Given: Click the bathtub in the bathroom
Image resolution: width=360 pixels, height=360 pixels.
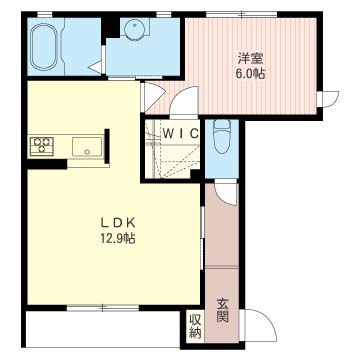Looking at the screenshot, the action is tap(44, 46).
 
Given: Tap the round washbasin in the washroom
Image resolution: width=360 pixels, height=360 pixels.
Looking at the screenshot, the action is tap(136, 28).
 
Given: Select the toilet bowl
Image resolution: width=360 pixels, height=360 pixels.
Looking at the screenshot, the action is tap(222, 137).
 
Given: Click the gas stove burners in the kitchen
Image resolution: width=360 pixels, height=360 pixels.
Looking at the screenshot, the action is tap(42, 146).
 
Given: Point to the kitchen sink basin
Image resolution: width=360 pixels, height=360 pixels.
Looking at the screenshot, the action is tap(87, 146).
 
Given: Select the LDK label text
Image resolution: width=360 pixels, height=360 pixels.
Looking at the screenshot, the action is tap(117, 222).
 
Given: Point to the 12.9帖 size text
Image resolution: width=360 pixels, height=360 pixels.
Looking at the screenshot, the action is tap(116, 238).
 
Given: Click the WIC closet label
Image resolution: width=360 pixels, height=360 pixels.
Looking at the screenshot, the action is tap(181, 134).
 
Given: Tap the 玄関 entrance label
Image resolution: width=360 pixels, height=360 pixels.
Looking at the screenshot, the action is tap(222, 311).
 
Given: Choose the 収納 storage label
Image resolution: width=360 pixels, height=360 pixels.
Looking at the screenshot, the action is tap(195, 327).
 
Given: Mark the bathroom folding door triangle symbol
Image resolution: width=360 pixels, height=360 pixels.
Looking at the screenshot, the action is tap(97, 67).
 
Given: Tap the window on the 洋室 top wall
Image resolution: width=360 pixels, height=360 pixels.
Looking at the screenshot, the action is tap(241, 14).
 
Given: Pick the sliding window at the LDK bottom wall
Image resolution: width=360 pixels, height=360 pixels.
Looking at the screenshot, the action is tap(103, 308).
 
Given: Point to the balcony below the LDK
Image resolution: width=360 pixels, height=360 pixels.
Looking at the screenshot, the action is tap(103, 329).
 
